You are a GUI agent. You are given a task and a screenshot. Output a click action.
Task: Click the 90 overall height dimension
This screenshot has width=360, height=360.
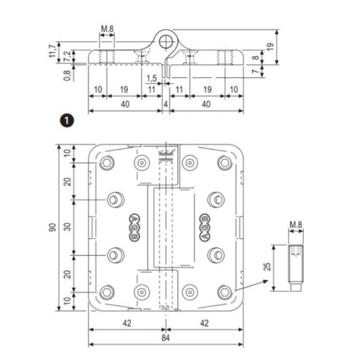pyautogui.click(x=53, y=228)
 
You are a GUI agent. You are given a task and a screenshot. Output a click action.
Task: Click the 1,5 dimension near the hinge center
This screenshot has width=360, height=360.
pyautogui.click(x=152, y=78)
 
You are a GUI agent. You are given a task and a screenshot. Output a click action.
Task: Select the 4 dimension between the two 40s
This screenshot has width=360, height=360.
pyautogui.click(x=166, y=104)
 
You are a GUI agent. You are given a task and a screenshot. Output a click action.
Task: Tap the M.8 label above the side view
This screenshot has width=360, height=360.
pyautogui.click(x=107, y=30)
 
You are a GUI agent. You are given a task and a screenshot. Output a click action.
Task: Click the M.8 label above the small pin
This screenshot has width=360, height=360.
pyautogui.click(x=295, y=224)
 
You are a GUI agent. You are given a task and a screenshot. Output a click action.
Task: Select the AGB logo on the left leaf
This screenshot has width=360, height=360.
pyautogui.click(x=135, y=227)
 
